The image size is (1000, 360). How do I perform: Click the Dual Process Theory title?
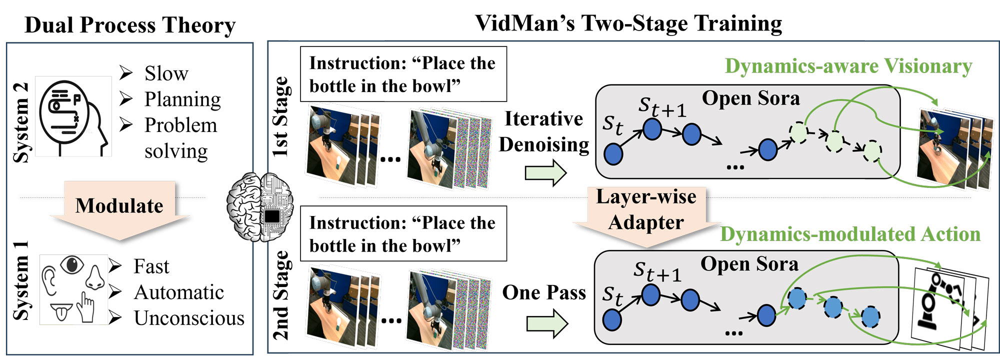130,25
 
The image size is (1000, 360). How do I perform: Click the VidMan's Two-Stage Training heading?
628,23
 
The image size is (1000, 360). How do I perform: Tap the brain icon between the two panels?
260,207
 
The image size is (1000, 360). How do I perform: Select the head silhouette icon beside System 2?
73,116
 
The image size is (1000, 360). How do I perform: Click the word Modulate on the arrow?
119,205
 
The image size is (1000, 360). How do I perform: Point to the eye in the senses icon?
72,264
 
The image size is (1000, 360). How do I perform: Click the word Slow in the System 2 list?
166,73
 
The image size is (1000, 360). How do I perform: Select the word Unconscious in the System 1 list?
189,318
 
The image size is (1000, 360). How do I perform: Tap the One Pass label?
544,292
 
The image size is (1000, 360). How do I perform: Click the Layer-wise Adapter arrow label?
646,209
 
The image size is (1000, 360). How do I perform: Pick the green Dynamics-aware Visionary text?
848,66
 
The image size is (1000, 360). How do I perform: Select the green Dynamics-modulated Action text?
850,234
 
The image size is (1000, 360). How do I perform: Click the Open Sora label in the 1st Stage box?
751,98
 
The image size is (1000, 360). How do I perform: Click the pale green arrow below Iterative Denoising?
545,173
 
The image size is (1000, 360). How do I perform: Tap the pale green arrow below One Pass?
547,323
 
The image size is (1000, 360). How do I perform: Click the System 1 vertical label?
21,280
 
